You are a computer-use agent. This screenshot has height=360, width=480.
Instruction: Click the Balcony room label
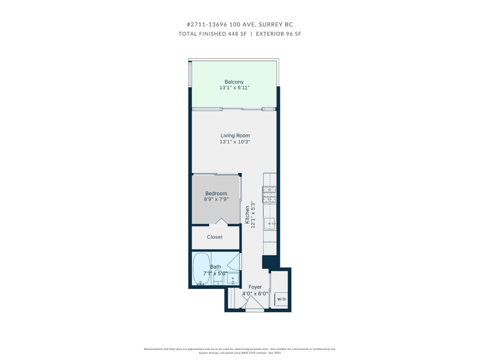pyautogui.click(x=234, y=82)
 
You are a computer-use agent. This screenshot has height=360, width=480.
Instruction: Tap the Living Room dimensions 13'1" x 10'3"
pyautogui.click(x=235, y=142)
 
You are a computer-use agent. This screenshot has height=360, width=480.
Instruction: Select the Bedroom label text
pyautogui.click(x=216, y=193)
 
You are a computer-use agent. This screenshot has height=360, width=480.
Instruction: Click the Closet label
pyautogui.click(x=215, y=237)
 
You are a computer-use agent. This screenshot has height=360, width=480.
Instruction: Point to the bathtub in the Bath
pyautogui.click(x=201, y=269)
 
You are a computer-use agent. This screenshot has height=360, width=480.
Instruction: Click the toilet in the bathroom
pyautogui.click(x=218, y=278)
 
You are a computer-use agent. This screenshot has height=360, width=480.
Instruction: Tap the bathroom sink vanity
pyautogui.click(x=233, y=279)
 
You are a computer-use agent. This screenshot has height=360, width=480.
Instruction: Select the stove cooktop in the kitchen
pyautogui.click(x=269, y=195)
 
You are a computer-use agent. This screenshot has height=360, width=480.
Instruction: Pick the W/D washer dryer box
pyautogui.click(x=281, y=299)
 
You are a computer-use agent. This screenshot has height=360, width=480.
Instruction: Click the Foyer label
pyautogui.click(x=255, y=287)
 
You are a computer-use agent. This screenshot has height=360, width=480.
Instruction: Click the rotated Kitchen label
pyautogui.click(x=247, y=214)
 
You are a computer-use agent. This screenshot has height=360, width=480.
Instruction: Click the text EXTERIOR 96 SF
pyautogui.click(x=278, y=34)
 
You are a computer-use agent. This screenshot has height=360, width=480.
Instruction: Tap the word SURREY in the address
pyautogui.click(x=269, y=25)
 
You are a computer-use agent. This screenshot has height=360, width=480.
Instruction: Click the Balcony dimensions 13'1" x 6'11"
pyautogui.click(x=234, y=88)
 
